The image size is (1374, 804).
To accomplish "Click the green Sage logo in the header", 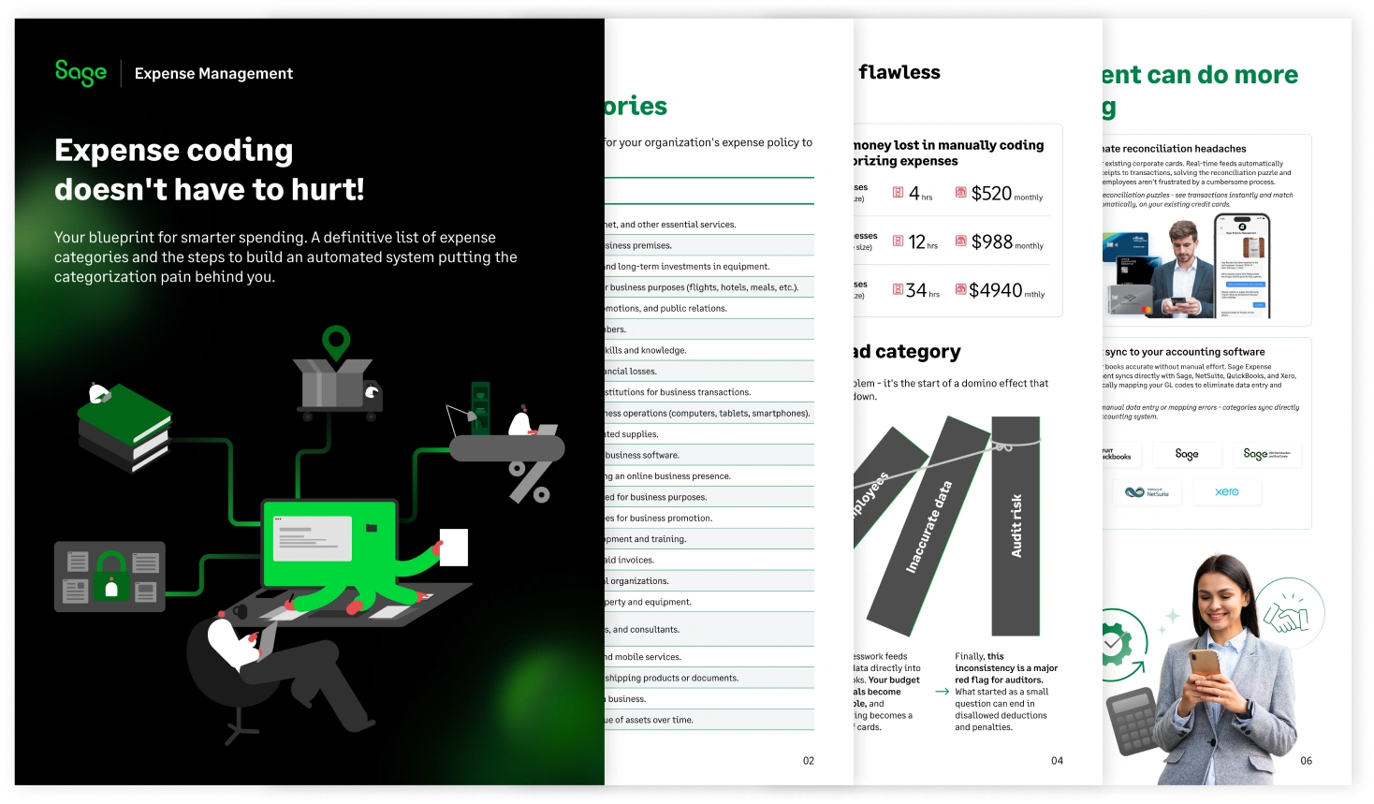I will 80,73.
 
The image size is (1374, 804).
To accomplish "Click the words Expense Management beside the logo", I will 213,74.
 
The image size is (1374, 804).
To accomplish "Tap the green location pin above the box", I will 336,343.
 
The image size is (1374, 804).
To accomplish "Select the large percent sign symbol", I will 530,481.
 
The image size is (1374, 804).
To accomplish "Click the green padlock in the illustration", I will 111,575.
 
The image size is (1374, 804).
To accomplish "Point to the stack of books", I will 124,429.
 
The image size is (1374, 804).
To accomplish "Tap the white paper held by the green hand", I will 454,548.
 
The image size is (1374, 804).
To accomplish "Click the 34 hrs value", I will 916,291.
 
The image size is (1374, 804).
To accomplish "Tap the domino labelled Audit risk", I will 1016,524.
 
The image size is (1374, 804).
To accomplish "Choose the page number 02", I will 809,761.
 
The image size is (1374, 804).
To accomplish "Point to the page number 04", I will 1057,761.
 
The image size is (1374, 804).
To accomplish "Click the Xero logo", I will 1226,492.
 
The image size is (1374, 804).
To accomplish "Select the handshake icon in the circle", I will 1288,615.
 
